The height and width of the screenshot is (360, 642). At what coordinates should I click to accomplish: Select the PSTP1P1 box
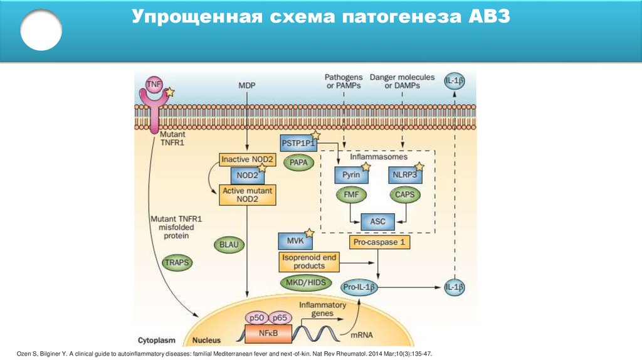(x=298, y=143)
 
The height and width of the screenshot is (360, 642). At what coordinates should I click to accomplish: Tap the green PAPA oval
(x=298, y=162)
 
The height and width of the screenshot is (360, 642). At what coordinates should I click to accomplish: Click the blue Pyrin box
(x=351, y=175)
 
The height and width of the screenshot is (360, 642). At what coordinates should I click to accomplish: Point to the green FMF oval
(x=351, y=195)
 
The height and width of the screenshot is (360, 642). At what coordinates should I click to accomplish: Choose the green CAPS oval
(x=405, y=195)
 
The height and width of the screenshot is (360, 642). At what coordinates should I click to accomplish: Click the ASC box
(x=378, y=221)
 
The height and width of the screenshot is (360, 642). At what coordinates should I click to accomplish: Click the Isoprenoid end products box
(x=308, y=262)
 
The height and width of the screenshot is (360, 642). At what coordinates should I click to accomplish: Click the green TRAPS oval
(x=176, y=262)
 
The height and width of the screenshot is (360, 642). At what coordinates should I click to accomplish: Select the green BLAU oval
(x=229, y=243)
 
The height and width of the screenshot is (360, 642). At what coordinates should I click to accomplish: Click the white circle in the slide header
(x=41, y=29)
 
